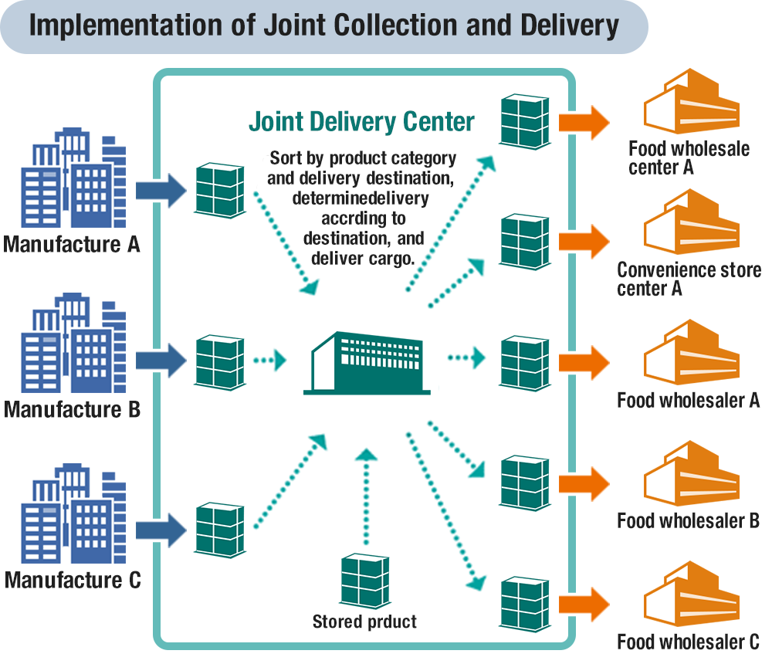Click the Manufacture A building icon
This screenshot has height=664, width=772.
(73, 182)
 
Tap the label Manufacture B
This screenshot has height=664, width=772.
(72, 409)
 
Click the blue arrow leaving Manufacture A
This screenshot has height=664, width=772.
(162, 189)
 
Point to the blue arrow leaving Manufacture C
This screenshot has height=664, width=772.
(162, 530)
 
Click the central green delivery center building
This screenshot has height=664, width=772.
(370, 363)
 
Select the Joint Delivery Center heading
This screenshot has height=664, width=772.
(361, 122)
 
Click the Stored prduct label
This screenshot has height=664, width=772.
(364, 622)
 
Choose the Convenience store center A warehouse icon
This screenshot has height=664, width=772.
(691, 224)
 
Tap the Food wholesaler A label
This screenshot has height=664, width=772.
(689, 400)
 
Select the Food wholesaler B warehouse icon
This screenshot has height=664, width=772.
(691, 475)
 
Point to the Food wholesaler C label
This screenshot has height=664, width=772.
(689, 642)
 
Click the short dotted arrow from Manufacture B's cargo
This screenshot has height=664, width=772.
(270, 360)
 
